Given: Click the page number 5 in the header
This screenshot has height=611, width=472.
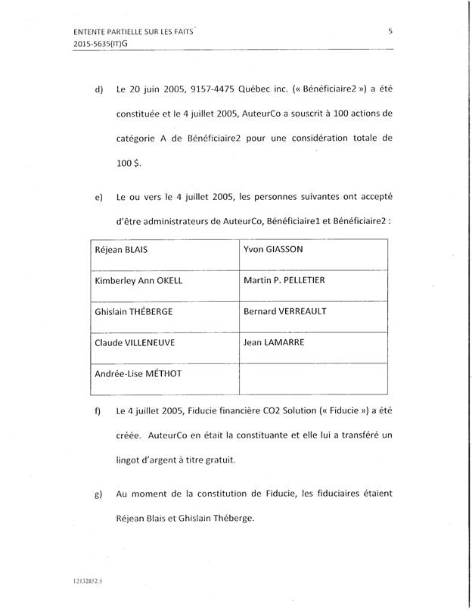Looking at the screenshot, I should click(390, 31).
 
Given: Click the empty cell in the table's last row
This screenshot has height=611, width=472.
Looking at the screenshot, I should click(313, 379).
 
